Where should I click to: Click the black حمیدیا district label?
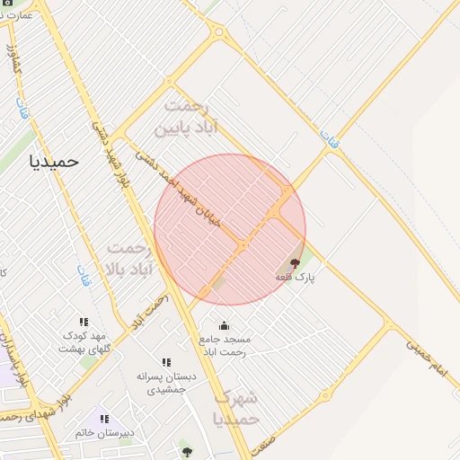(54, 162)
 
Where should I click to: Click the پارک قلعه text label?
(296, 278)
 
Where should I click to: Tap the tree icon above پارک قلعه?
(296, 263)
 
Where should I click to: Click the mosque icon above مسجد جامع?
(224, 325)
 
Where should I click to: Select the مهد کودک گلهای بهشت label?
(84, 341)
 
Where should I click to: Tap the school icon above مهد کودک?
(84, 322)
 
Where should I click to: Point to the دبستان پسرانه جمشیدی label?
(166, 383)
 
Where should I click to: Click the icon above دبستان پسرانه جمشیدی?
(166, 362)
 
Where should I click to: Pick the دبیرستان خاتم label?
(105, 432)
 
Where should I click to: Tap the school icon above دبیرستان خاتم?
(105, 418)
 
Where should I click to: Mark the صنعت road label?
(263, 442)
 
